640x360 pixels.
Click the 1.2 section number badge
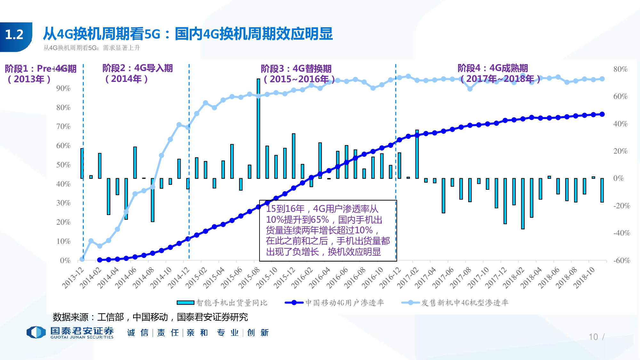(15, 35)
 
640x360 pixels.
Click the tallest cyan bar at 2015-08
(258, 128)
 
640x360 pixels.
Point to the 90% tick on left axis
(63, 88)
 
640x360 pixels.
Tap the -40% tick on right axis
(621, 233)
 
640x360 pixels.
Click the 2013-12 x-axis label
(73, 277)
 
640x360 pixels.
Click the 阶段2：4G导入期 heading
(137, 68)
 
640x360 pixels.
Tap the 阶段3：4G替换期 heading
(296, 68)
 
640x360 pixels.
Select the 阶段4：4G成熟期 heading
(492, 68)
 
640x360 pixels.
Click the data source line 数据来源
(150, 317)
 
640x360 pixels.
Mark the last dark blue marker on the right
(602, 114)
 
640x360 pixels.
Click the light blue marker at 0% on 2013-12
(82, 259)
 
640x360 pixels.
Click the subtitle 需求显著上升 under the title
(121, 48)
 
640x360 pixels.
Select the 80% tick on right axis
(620, 69)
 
